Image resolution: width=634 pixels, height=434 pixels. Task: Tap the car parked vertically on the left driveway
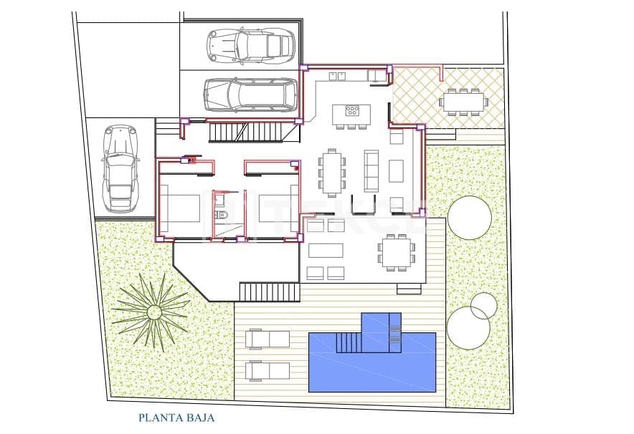click(x=119, y=168)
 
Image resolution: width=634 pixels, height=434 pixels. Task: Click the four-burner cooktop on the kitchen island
click(x=352, y=110)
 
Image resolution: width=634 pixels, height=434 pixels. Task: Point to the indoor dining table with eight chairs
click(x=331, y=172)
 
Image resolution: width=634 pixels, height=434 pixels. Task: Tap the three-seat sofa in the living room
click(x=371, y=170)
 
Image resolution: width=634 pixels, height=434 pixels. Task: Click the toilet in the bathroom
click(x=222, y=214)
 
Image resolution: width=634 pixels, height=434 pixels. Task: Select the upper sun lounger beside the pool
click(x=268, y=338)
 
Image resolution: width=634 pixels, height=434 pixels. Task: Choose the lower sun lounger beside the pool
click(x=268, y=370)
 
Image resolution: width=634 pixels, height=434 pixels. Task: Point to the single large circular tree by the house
click(x=470, y=217)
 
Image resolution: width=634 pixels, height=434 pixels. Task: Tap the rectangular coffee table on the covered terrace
click(x=326, y=251)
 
